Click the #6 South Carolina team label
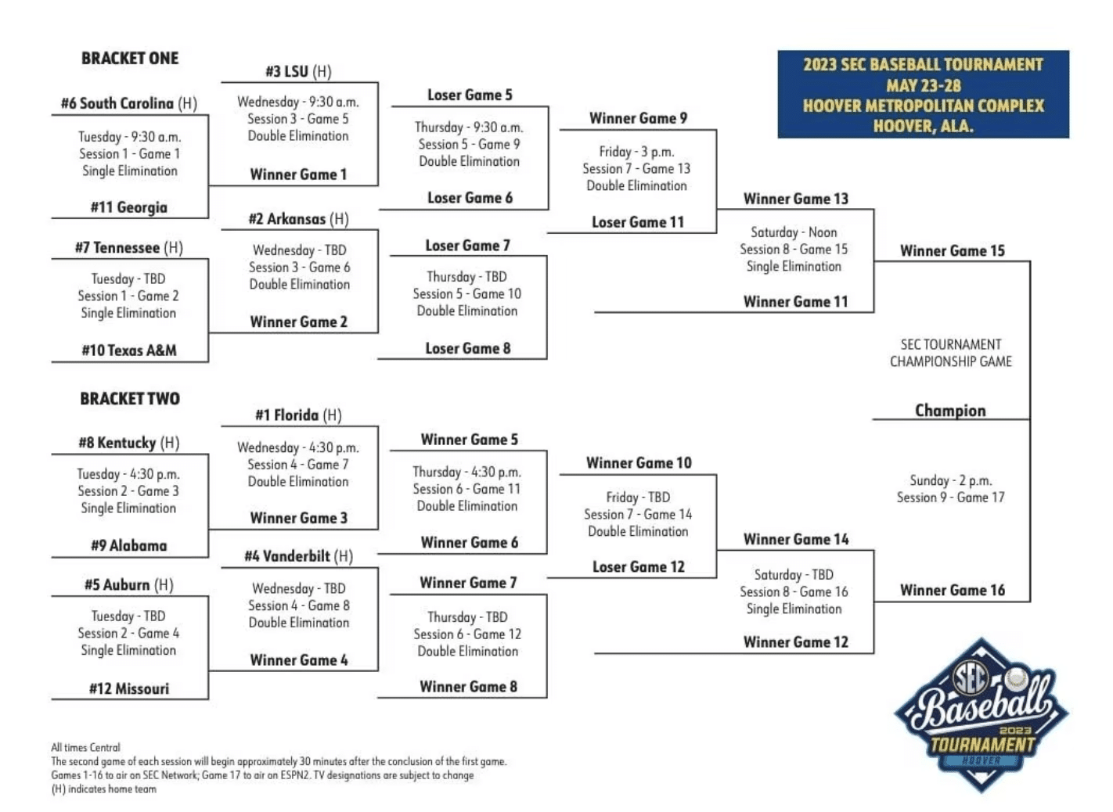pos(128,103)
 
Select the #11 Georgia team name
pos(128,207)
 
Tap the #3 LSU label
pos(298,71)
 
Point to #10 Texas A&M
pos(129,350)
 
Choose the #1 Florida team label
pos(298,415)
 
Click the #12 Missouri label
pos(129,688)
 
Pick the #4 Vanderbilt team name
pos(299,556)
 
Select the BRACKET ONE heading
pos(130,58)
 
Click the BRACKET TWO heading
pos(130,398)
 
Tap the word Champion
pos(950,411)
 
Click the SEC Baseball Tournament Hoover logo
pos(982,715)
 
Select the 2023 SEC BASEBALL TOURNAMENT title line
pos(923,65)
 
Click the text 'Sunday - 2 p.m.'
pos(950,480)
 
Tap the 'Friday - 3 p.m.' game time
pos(636,151)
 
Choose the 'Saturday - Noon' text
pos(794,232)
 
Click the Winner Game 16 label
pos(952,590)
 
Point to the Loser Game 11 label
pos(638,222)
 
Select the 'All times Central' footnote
pos(85,747)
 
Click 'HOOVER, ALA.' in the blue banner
pos(923,126)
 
